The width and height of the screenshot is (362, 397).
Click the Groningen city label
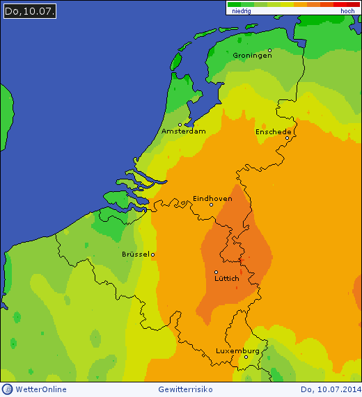point(252,56)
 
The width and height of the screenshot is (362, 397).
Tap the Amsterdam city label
point(183,131)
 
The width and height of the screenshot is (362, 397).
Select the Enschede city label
point(273,131)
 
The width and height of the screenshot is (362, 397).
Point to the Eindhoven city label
point(212,198)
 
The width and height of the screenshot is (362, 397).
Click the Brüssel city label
point(136,254)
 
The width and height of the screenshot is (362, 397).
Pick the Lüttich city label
point(226,279)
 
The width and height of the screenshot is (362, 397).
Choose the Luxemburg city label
point(237,351)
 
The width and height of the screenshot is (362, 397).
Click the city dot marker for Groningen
point(269,51)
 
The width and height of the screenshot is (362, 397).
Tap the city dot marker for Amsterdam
point(180,125)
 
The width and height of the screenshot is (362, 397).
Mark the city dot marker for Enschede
point(287,138)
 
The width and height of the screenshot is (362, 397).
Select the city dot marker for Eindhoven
point(211,204)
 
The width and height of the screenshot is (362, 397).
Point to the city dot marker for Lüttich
point(216,272)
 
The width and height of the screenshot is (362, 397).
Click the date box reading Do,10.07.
point(30,11)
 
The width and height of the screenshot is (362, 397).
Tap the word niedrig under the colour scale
point(241,12)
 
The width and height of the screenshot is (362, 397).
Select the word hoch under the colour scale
point(347,12)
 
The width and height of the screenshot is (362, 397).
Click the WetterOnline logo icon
point(7,389)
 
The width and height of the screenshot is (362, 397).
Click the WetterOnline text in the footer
point(41,389)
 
